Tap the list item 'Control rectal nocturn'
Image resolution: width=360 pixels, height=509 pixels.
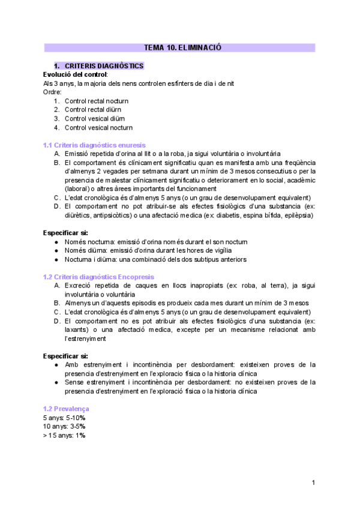96,101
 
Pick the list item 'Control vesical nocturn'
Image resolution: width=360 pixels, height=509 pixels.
98,127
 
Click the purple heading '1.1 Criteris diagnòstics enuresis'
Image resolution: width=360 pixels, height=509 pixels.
94,145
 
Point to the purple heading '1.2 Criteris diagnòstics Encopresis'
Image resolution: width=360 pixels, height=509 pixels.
98,277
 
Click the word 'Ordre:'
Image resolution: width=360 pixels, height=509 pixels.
53,92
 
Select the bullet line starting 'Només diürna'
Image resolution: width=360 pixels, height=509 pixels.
148,250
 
